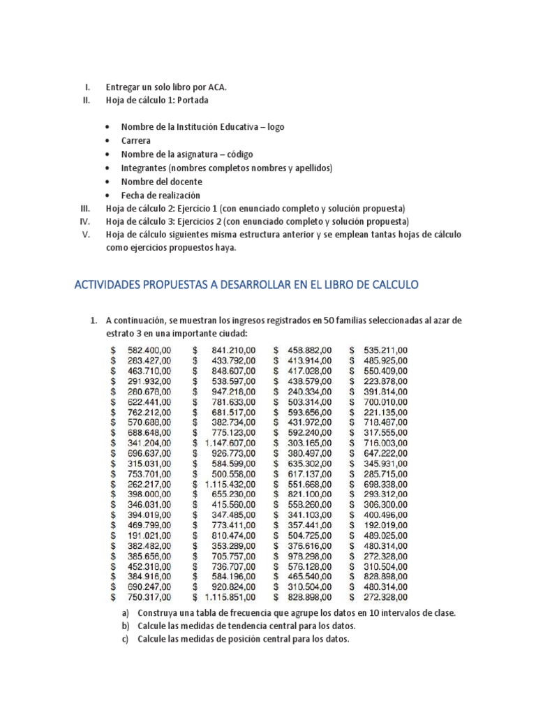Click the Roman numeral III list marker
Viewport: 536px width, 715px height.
click(86, 209)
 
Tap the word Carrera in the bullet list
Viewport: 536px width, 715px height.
click(135, 140)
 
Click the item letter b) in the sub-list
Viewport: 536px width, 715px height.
click(126, 626)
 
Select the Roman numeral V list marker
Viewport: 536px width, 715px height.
click(87, 235)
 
